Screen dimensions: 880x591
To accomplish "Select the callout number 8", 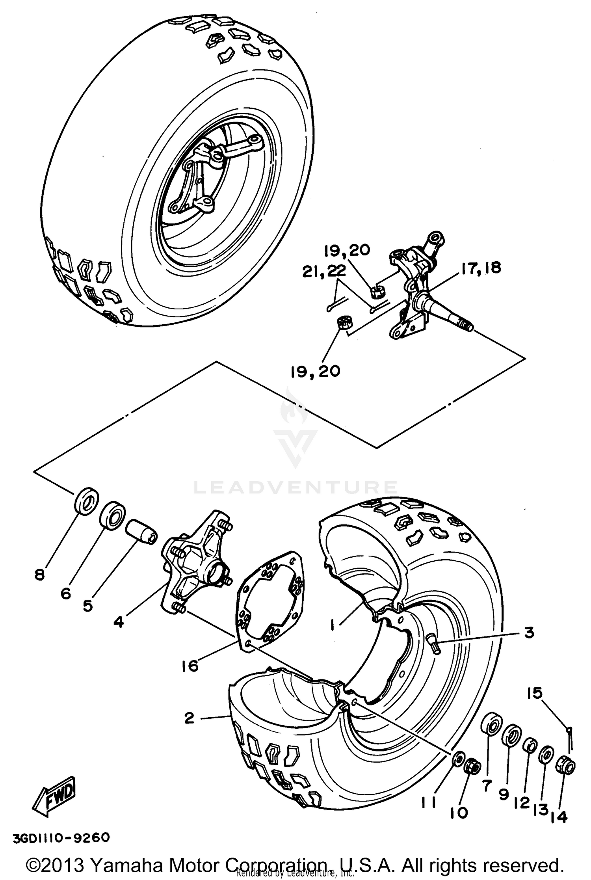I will (x=39, y=575).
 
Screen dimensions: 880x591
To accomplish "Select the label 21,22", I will (x=324, y=272).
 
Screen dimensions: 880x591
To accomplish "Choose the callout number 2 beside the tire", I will (x=189, y=718).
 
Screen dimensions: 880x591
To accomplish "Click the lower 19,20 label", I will (x=315, y=372).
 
